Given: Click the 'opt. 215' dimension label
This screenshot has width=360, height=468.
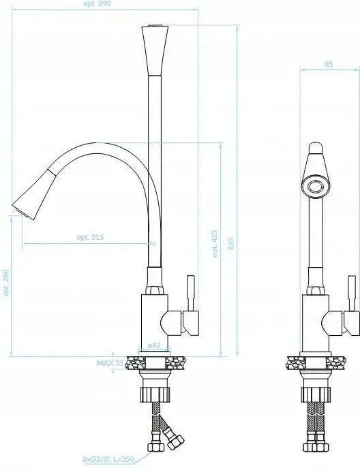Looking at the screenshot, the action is coord(90,237).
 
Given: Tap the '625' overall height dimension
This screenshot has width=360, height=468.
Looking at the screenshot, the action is coord(231,244).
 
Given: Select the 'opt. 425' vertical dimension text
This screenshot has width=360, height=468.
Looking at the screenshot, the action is coord(215,244).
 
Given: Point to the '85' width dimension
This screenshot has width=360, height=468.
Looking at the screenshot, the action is coord(329,64).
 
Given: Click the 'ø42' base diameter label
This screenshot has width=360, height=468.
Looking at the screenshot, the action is coord(154,345).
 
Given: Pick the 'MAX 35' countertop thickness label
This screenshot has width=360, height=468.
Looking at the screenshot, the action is coord(110,363).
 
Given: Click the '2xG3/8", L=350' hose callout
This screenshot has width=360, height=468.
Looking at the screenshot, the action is coord(108,459).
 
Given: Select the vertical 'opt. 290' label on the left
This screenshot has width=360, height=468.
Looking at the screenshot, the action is coord(6,283).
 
